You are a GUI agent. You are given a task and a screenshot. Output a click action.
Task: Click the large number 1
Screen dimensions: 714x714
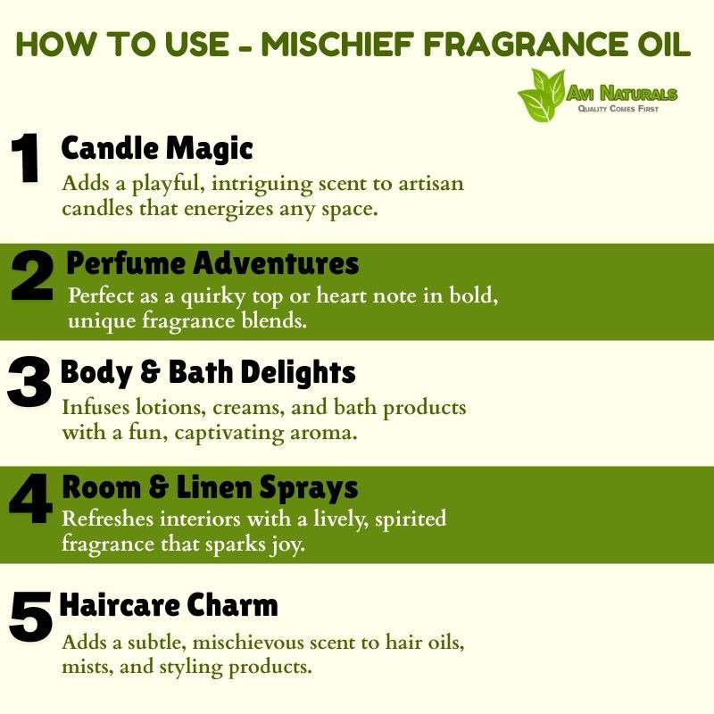(26, 159)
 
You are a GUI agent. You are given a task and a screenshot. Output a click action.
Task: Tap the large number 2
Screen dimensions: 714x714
(32, 276)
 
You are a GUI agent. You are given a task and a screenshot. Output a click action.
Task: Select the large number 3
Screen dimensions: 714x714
(29, 382)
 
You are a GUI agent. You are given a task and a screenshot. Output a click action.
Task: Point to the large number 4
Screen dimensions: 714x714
(31, 498)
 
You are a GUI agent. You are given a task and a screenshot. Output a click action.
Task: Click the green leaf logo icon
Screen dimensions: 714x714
(542, 95)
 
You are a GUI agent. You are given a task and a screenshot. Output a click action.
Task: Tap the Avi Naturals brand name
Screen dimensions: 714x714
(621, 94)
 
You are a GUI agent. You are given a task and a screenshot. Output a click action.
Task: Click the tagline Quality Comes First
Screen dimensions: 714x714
(618, 108)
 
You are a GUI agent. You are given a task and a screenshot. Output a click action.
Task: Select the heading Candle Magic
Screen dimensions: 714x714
(157, 149)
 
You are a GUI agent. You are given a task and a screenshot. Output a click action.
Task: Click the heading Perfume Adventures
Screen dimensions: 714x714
(212, 263)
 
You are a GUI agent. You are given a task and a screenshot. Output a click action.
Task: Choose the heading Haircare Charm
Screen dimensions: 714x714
(169, 605)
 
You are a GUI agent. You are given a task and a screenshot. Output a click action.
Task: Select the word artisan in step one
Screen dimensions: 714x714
(431, 184)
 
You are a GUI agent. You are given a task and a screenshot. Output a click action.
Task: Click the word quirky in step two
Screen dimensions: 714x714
(213, 297)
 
